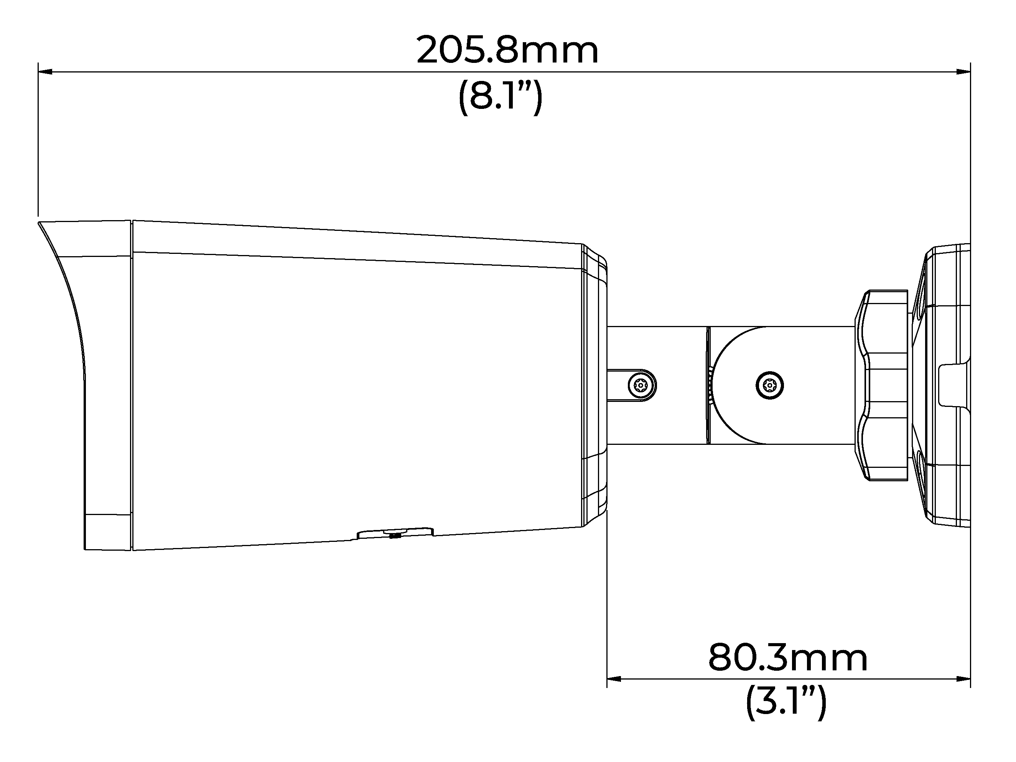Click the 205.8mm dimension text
(507, 51)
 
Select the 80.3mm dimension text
(787, 658)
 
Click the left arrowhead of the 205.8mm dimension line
(44, 72)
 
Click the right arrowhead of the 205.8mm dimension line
(963, 72)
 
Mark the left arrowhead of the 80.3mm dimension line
(614, 678)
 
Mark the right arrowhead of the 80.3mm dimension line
(963, 678)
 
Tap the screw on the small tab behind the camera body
(642, 385)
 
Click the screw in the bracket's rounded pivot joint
(769, 385)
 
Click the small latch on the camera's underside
(395, 532)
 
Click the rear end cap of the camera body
(594, 385)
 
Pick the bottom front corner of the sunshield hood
(86, 548)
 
